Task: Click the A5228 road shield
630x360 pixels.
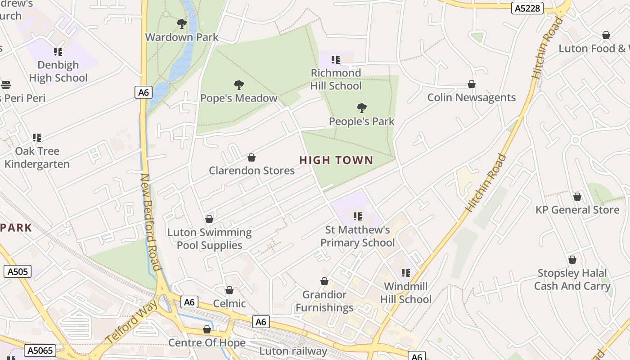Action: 527,8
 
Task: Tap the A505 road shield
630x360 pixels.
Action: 18,271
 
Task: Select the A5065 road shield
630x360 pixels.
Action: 40,351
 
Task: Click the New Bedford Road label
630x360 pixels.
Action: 150,222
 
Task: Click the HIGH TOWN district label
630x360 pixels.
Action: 336,160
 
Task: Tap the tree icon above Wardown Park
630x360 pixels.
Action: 182,23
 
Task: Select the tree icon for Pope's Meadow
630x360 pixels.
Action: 239,85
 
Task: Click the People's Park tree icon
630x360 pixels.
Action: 361,108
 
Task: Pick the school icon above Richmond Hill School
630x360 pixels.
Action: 336,59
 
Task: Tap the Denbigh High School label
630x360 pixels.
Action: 58,71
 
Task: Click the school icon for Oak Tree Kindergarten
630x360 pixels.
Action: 37,138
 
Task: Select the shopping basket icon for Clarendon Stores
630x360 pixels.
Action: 252,157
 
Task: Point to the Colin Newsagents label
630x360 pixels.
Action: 471,98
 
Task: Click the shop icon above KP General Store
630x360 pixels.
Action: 577,197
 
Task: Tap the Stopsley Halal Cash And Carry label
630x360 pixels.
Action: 572,279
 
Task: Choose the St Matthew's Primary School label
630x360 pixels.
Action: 357,236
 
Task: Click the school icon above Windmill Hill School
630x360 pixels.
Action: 406,273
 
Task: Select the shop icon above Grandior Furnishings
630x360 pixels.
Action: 324,282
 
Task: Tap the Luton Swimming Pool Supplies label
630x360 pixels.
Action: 209,239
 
